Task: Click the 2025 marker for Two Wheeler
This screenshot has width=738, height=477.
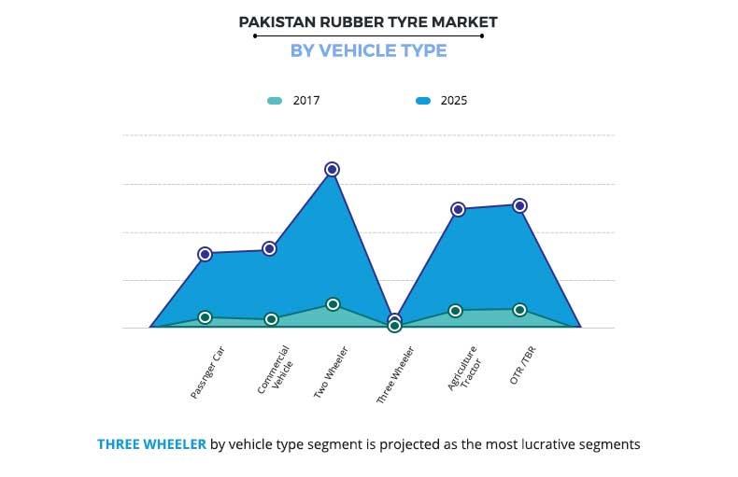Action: (x=332, y=169)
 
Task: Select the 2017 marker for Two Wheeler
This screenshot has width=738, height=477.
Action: (x=333, y=304)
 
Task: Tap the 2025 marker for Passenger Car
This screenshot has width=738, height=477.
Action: (x=205, y=254)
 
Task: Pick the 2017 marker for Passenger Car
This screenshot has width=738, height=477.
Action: (x=205, y=317)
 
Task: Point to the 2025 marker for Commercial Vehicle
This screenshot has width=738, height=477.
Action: (x=269, y=248)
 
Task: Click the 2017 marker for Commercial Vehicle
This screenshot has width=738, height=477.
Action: (x=271, y=319)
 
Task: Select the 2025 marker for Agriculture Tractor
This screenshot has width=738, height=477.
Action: (x=458, y=209)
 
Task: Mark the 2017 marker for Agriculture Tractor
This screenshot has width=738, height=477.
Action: (x=455, y=311)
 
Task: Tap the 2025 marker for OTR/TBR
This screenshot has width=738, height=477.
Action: (x=520, y=205)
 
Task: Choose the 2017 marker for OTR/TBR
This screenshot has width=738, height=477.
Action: (x=519, y=310)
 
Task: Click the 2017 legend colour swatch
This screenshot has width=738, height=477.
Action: (x=274, y=101)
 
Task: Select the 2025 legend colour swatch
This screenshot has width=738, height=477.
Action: (x=423, y=101)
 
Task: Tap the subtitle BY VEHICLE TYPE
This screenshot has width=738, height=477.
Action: (x=368, y=50)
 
